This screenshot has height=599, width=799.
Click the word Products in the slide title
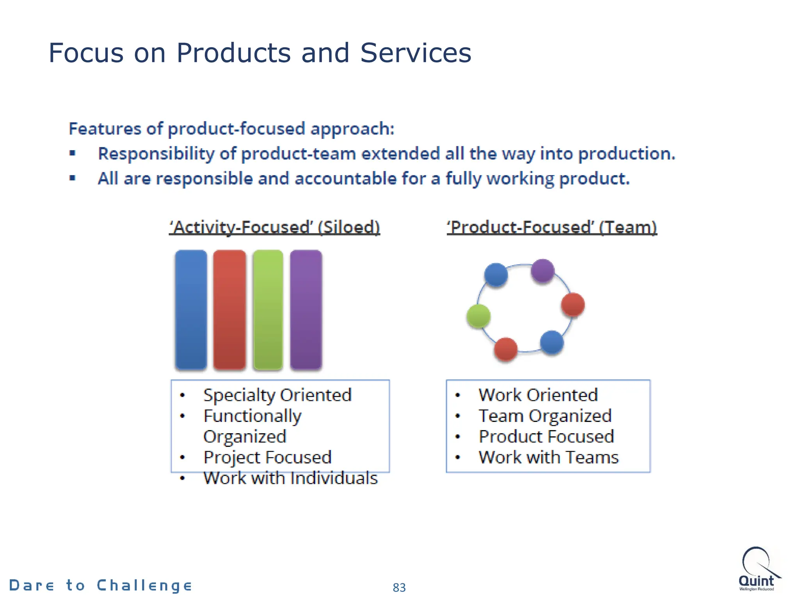[x=233, y=53]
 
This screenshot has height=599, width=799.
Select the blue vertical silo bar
[x=191, y=310]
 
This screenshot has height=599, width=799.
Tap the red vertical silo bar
[x=229, y=310]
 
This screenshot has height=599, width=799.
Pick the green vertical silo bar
[x=268, y=310]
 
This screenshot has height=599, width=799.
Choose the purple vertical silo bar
[x=306, y=310]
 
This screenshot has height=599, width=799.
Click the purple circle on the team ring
[x=542, y=270]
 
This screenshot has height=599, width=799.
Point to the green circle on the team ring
[x=478, y=316]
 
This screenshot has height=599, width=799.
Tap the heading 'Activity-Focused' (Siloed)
[x=274, y=227]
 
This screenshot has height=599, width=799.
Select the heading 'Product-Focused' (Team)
[x=552, y=227]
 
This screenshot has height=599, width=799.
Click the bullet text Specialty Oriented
[x=277, y=395]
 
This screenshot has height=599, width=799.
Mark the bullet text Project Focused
[x=267, y=457]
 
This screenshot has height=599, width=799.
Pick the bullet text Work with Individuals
[x=291, y=478]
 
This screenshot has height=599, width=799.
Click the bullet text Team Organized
[x=545, y=416]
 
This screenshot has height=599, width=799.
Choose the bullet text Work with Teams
[x=549, y=457]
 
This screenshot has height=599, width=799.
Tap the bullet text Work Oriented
[x=538, y=395]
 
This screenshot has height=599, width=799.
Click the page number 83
[x=399, y=587]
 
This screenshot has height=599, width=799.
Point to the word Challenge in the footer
[x=144, y=585]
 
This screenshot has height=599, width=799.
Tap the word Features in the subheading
[x=105, y=129]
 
